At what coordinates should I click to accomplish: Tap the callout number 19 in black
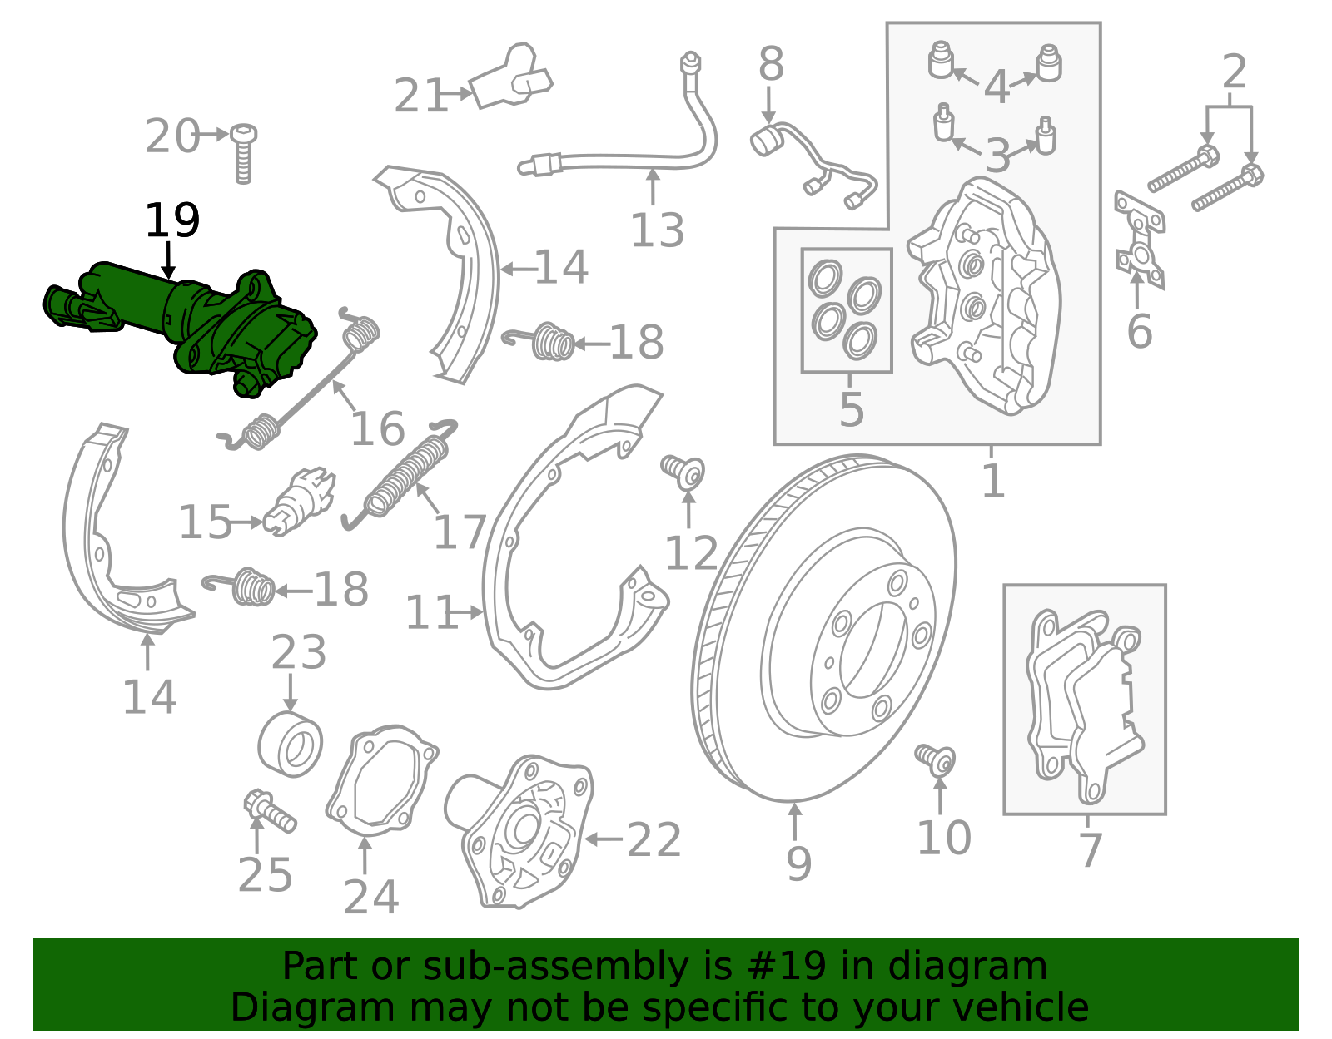pyautogui.click(x=171, y=221)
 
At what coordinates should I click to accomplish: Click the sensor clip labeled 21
pyautogui.click(x=509, y=79)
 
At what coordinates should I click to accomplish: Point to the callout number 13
pyautogui.click(x=657, y=230)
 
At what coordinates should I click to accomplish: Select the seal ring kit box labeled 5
pyautogui.click(x=846, y=309)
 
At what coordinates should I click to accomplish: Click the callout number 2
pyautogui.click(x=1234, y=72)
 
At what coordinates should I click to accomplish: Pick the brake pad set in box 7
pyautogui.click(x=1082, y=703)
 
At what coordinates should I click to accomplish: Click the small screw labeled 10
pyautogui.click(x=936, y=758)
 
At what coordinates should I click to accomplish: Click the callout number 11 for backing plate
pyautogui.click(x=430, y=613)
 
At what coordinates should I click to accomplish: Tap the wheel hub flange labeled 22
pyautogui.click(x=524, y=832)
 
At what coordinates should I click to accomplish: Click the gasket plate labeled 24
pyautogui.click(x=381, y=782)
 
